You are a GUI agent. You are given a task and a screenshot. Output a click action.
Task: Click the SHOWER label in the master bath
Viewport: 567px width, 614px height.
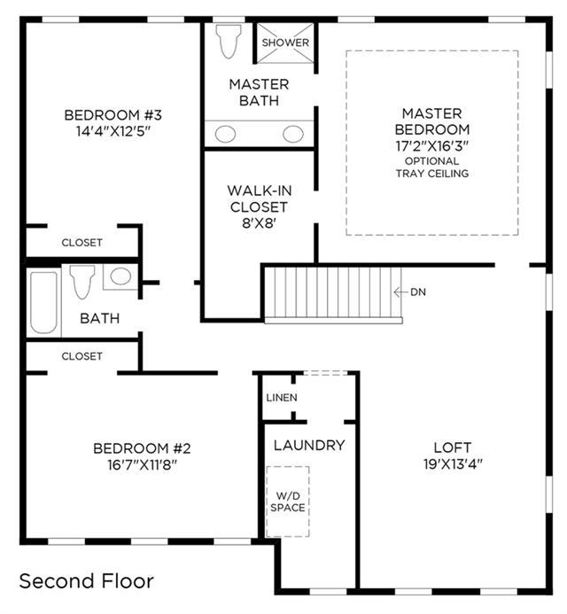point(285,43)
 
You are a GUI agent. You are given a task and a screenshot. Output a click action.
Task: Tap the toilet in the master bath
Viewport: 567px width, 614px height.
point(229,41)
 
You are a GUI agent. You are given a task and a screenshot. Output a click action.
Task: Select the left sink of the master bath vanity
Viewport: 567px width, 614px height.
point(226,135)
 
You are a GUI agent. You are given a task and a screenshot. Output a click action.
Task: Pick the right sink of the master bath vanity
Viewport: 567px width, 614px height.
point(293,135)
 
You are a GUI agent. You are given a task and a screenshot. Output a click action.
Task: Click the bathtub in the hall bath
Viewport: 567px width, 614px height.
point(44,303)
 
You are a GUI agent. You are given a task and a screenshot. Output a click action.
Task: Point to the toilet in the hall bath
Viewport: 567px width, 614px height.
point(82,282)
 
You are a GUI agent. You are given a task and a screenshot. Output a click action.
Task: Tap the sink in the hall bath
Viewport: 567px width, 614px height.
point(120,276)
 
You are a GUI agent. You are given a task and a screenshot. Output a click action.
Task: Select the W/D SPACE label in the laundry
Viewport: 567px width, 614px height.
point(288,501)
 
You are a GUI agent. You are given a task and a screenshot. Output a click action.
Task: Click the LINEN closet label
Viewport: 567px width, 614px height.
point(282,398)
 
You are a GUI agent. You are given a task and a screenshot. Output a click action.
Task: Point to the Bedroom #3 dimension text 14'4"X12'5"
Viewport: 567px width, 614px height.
point(113,131)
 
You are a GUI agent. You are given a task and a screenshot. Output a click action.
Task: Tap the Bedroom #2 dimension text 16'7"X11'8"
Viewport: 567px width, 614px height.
point(142,465)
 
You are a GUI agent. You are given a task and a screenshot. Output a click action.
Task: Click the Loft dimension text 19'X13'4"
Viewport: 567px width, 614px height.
point(453,464)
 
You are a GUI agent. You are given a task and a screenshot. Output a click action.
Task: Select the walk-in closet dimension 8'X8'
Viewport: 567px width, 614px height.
point(260,223)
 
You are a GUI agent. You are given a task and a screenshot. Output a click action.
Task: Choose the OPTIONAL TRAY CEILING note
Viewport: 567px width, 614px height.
point(432,167)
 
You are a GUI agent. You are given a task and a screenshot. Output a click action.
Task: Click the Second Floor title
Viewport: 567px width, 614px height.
point(87,581)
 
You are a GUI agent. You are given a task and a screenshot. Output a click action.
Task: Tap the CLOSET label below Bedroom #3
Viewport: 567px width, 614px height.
point(82,243)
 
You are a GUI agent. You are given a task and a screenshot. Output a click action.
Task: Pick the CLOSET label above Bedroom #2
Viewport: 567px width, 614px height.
point(82,356)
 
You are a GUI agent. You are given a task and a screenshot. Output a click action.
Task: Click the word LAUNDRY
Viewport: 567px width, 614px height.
point(309,446)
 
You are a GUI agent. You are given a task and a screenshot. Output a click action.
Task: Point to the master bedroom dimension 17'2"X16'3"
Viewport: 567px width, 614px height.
point(432,146)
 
